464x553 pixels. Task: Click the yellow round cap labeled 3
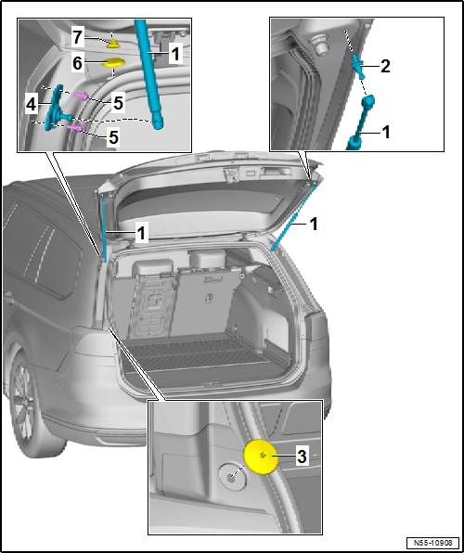pyautogui.click(x=263, y=457)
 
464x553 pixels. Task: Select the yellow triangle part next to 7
pyautogui.click(x=112, y=42)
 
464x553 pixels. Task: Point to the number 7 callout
pyautogui.click(x=78, y=37)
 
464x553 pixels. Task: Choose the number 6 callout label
pyautogui.click(x=78, y=62)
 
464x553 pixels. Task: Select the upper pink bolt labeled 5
pyautogui.click(x=82, y=95)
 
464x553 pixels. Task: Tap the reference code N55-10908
pyautogui.click(x=432, y=542)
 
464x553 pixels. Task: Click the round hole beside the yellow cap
pyautogui.click(x=228, y=473)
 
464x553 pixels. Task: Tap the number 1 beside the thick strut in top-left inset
pyautogui.click(x=174, y=56)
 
